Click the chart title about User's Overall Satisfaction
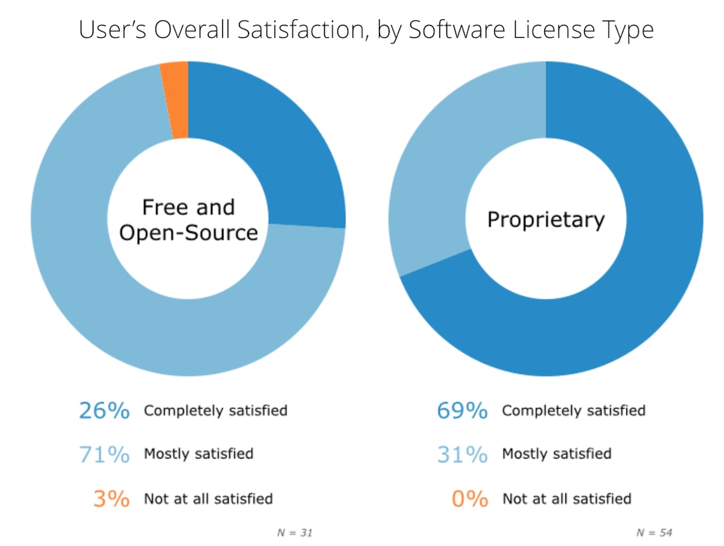366,30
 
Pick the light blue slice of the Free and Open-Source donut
121,302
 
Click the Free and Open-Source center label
188,220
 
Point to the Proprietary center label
545,219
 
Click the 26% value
104,411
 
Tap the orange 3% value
111,499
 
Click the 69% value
462,411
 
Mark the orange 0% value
469,499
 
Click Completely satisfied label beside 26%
215,411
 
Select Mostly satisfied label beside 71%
198,454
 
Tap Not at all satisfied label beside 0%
567,499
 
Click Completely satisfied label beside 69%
574,411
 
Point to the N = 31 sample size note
294,533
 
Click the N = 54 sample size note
654,533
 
